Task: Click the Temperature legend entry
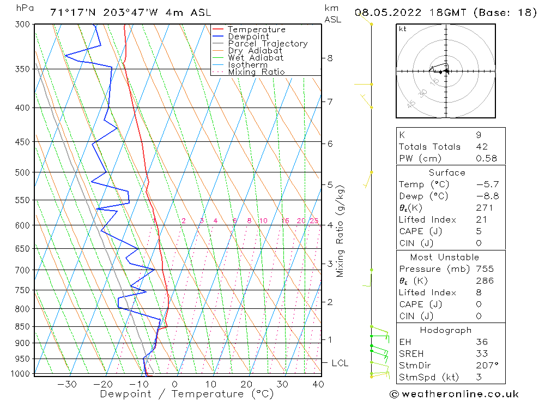256,29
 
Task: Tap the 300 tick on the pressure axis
22,25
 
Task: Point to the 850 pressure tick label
22,327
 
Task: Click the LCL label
340,363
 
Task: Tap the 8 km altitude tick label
330,58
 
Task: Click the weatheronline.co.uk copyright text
454,393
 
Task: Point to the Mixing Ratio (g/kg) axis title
341,231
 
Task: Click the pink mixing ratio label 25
314,221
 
